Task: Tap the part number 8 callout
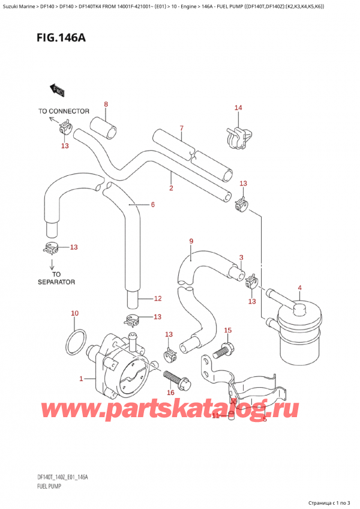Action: [106, 105]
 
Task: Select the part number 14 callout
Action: [238, 108]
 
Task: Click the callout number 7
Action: [181, 128]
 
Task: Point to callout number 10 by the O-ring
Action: [74, 313]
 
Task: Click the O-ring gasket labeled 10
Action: [74, 340]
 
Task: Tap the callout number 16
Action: [170, 393]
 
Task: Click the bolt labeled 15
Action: [226, 348]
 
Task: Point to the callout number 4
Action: [299, 288]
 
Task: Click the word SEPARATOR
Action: [56, 282]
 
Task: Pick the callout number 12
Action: [158, 298]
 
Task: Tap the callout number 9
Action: [191, 242]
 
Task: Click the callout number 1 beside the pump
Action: [82, 379]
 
